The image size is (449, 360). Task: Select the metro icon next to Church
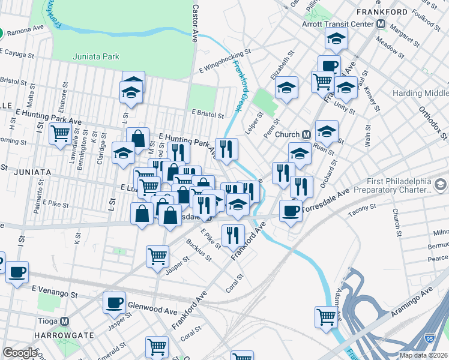[306, 134]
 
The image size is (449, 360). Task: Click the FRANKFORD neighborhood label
[394, 11]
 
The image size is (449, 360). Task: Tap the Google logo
[20, 353]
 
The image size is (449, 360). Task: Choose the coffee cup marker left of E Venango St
[17, 272]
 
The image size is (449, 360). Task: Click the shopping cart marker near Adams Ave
[327, 316]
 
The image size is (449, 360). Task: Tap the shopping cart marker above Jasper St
[157, 255]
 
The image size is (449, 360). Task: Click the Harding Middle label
[420, 94]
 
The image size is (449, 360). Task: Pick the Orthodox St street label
[424, 121]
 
